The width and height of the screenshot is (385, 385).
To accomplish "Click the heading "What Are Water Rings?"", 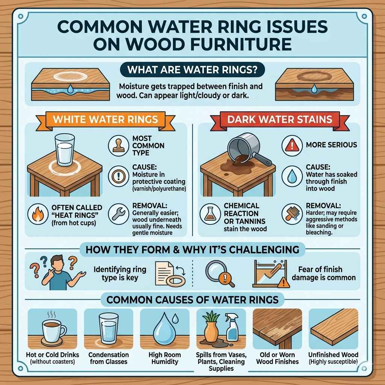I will [192, 70].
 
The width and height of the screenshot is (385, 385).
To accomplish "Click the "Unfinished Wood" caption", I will [333, 355].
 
